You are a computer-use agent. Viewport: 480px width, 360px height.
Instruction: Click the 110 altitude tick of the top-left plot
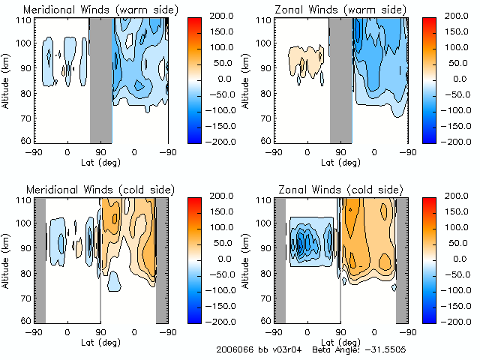[x=24, y=20]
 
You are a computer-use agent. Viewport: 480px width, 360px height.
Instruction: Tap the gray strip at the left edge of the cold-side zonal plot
[x=280, y=259]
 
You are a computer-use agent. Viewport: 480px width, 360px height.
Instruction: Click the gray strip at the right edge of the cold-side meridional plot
[x=161, y=259]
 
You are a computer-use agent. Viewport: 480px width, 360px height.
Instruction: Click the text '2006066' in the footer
[x=232, y=350]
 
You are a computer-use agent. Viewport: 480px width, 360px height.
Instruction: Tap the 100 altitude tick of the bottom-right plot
[x=264, y=223]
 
